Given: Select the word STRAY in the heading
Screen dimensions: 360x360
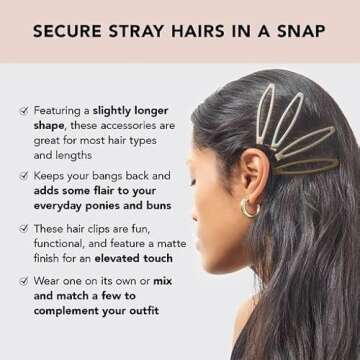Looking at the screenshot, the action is pyautogui.click(x=137, y=31).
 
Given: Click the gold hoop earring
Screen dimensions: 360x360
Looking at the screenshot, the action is pyautogui.click(x=250, y=209).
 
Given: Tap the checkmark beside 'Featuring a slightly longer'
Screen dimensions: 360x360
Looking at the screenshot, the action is pyautogui.click(x=24, y=111).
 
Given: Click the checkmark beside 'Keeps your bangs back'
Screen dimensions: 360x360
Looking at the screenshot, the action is pyautogui.click(x=24, y=176).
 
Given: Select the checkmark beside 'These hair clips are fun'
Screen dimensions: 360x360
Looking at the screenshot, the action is pyautogui.click(x=24, y=228).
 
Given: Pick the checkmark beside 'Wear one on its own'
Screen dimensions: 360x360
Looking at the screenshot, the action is pyautogui.click(x=24, y=281).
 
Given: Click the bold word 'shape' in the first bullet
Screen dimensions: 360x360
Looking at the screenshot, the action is pyautogui.click(x=49, y=126).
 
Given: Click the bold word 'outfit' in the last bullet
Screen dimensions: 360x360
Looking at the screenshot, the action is pyautogui.click(x=145, y=311).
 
